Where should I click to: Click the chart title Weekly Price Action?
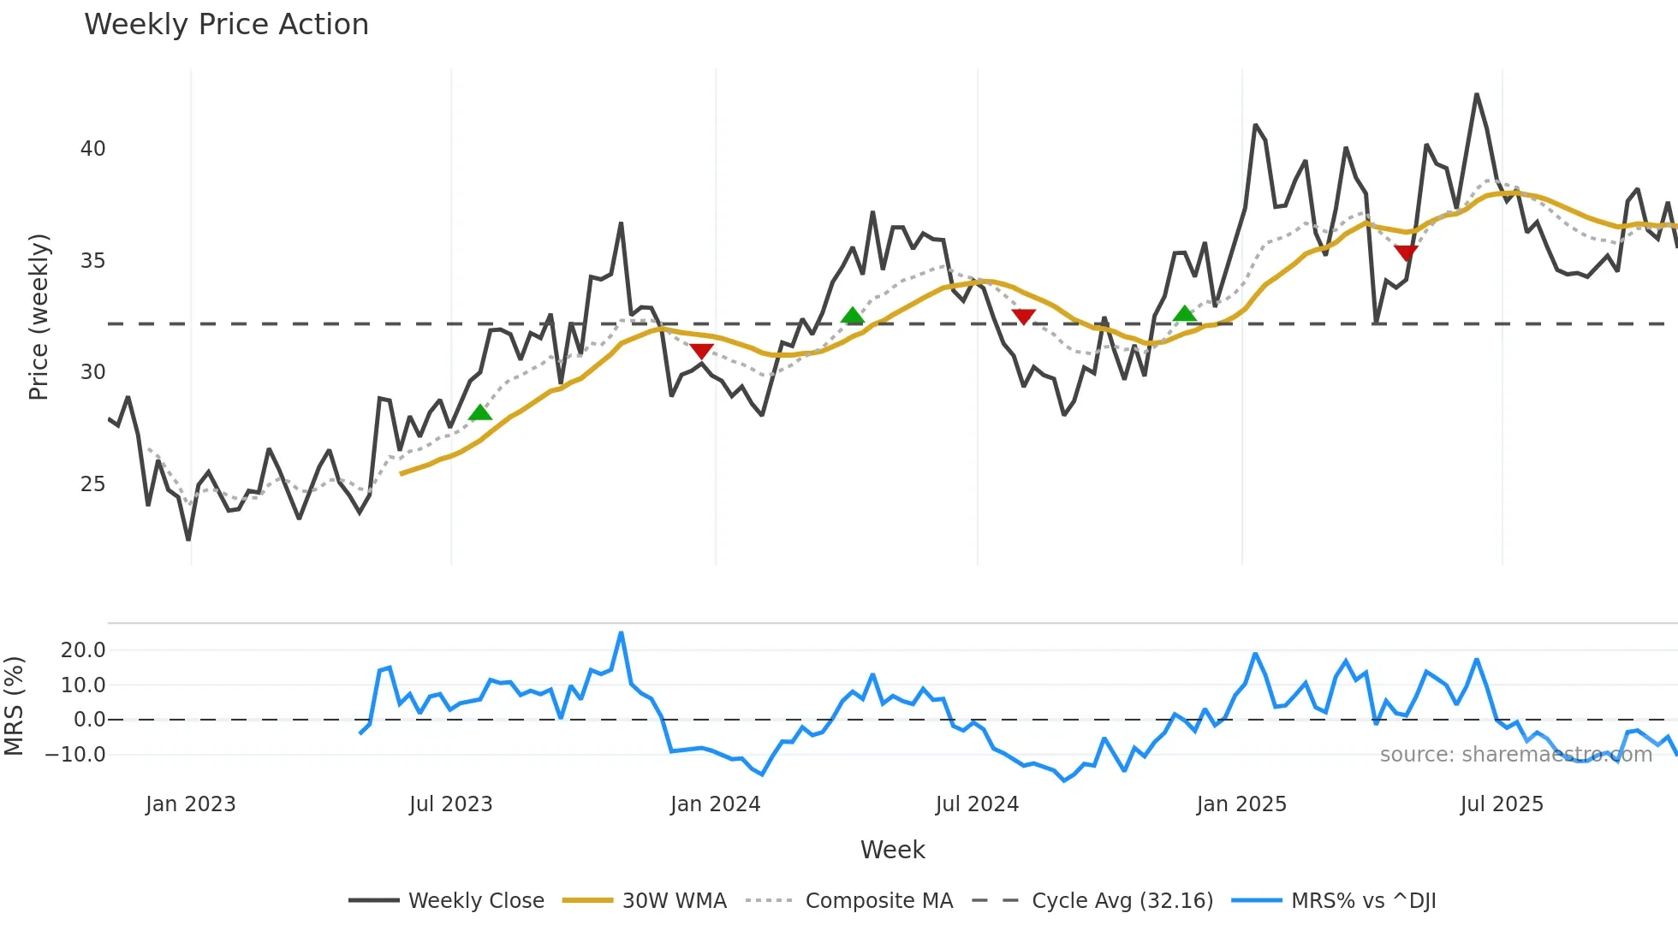coord(226,24)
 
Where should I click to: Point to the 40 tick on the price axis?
coord(92,149)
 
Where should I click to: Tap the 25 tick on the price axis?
coord(92,484)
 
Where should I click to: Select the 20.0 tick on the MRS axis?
coord(83,650)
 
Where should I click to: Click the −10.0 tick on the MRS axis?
coord(75,755)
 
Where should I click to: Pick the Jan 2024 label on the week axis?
coord(715,804)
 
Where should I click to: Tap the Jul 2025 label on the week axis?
coord(1502,804)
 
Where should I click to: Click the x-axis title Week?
coord(892,850)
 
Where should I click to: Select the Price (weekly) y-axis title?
coord(39,317)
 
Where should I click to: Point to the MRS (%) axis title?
coord(14,706)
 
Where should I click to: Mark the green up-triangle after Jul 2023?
coord(480,412)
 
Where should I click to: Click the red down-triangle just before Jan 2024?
coord(701,351)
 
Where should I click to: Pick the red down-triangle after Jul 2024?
coord(1023,317)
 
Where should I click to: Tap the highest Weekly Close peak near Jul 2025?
coord(1477,95)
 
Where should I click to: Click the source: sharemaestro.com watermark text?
coord(1515,755)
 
